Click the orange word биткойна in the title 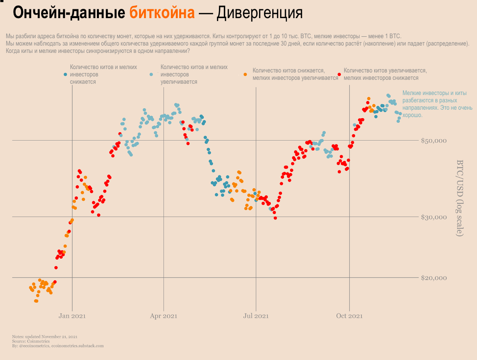click(x=162, y=13)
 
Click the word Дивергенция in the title click(x=260, y=13)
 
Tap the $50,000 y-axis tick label click(x=434, y=141)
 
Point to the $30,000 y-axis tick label click(x=434, y=217)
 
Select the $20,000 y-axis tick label click(x=434, y=278)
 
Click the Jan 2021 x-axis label click(x=72, y=316)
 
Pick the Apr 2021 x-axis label click(x=164, y=316)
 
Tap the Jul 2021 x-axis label click(x=256, y=316)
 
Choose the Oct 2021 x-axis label click(x=349, y=316)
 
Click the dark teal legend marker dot click(x=66, y=74)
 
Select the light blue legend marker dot click(x=151, y=74)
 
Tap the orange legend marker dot click(x=245, y=74)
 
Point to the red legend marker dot click(x=339, y=74)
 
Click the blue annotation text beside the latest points click(x=433, y=104)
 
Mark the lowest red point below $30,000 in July click(x=275, y=218)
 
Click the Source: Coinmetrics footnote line click(x=29, y=341)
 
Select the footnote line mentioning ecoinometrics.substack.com click(x=58, y=346)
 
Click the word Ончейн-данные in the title click(x=69, y=13)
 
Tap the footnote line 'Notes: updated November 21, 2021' click(x=45, y=336)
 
